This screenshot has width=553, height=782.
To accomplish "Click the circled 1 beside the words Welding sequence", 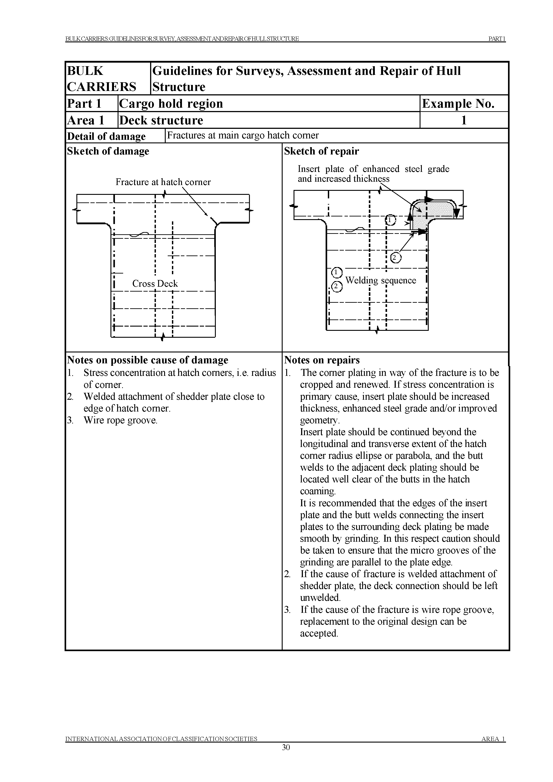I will pos(337,272).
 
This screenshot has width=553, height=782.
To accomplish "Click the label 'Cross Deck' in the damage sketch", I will pos(155,284).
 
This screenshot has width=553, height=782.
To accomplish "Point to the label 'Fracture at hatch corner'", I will pos(163,182).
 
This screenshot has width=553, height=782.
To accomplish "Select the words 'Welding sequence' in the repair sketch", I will pos(381,280).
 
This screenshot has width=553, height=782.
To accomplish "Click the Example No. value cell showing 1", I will pos(464,120).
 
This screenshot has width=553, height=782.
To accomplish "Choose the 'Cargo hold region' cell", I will pos(171,104).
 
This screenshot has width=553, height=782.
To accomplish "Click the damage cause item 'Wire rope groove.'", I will pos(120,420).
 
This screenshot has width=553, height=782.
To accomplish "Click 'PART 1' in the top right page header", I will pos(497,39).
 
